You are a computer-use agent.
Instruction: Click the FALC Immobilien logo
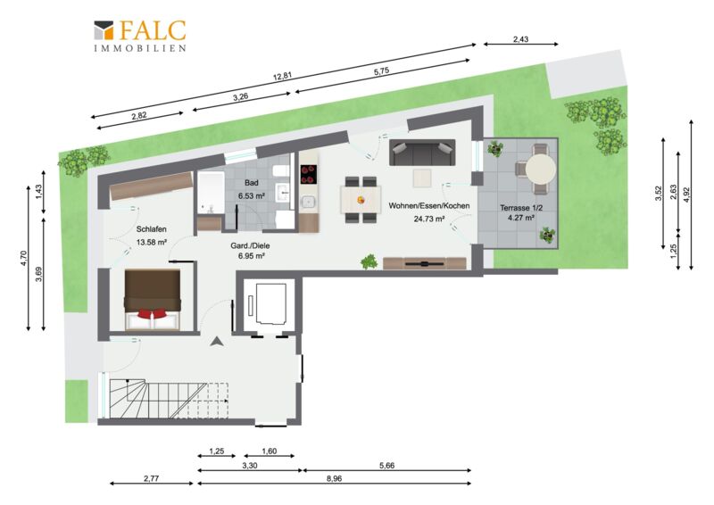point(140,36)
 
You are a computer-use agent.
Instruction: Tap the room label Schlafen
point(151,229)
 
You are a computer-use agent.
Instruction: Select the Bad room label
point(252,183)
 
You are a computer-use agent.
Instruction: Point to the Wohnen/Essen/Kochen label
point(428,206)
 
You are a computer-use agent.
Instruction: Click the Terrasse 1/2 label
point(521,208)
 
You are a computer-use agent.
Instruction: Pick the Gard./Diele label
point(250,246)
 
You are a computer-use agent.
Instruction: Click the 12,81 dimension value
point(282,76)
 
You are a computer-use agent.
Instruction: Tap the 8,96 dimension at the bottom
point(334,478)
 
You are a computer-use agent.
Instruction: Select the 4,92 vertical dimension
point(686,195)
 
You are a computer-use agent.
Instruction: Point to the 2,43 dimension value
point(521,39)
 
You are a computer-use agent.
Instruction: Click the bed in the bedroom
point(153,299)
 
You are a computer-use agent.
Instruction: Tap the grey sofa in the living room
point(422,153)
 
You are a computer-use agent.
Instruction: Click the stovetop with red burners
point(308,174)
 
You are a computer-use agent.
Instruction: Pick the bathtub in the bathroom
point(211,193)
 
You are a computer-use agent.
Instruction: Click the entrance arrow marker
point(217,342)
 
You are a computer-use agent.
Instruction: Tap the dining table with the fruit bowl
point(361,200)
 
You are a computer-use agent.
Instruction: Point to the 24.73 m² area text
point(429,219)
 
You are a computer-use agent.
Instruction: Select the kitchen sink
point(308,201)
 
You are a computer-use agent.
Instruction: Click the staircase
point(169,400)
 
